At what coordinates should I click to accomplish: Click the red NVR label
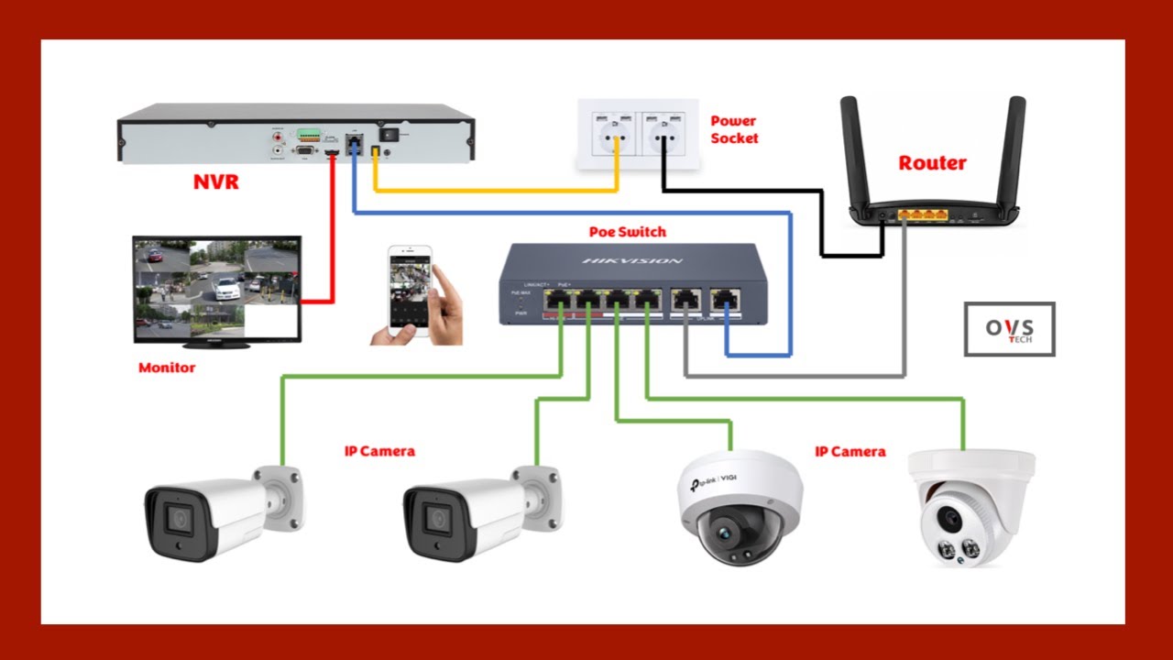(215, 181)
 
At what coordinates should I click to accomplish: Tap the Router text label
(932, 163)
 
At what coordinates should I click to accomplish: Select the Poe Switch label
(627, 232)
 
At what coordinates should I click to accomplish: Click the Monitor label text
(167, 368)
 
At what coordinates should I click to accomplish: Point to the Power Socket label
(734, 129)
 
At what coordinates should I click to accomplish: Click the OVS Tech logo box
(1009, 329)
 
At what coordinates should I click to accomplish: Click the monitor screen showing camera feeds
(216, 288)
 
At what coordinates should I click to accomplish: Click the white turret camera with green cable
(970, 507)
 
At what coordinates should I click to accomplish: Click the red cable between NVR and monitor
(332, 238)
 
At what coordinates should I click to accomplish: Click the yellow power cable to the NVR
(495, 190)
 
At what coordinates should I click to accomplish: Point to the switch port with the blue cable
(725, 300)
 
